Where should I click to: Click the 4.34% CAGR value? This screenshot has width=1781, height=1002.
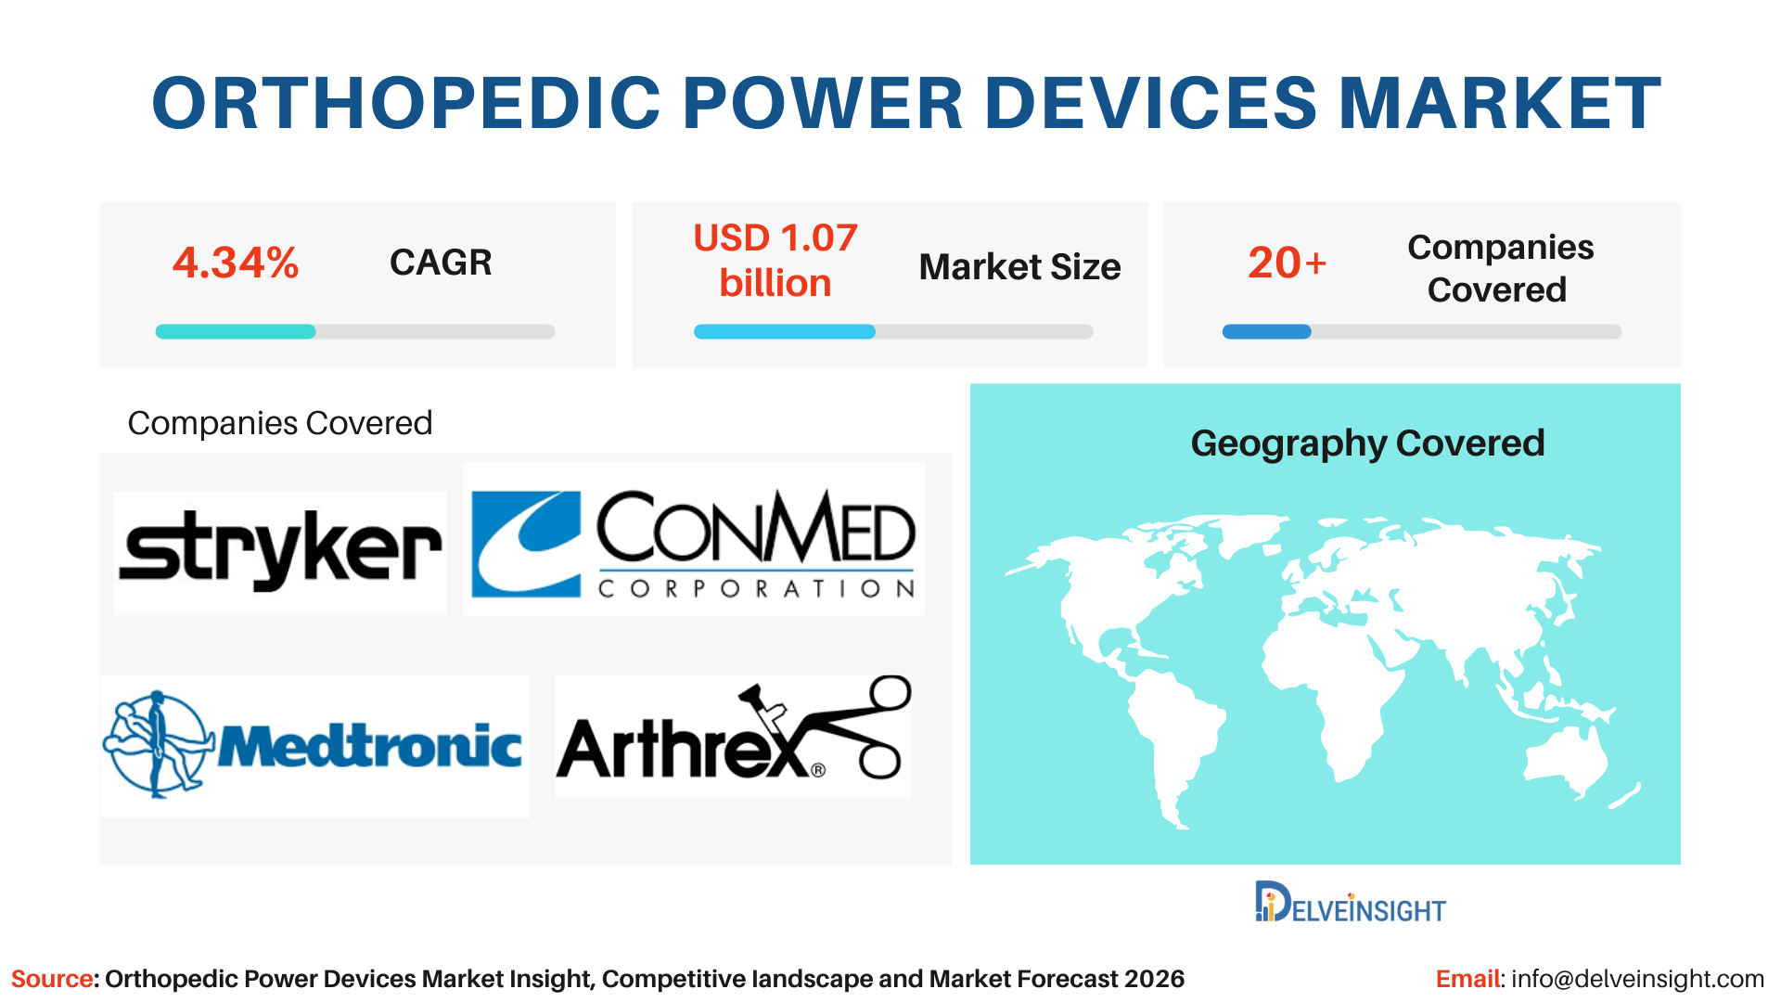point(236,263)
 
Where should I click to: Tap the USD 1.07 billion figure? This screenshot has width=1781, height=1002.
point(775,261)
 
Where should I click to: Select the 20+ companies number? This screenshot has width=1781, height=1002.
point(1288,263)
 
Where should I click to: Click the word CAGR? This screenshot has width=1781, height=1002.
point(441,263)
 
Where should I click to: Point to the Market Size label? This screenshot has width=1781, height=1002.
point(1019,267)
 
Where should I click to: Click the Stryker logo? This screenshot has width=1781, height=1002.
point(280,551)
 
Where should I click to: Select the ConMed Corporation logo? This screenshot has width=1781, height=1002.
point(694,539)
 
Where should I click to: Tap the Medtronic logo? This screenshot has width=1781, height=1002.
point(314,746)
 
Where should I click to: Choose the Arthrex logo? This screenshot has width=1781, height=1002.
point(733,736)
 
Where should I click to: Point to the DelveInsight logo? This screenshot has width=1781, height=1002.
point(1350,902)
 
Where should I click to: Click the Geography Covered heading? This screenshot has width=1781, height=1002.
point(1367,443)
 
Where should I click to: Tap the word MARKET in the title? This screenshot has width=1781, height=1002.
point(1500,102)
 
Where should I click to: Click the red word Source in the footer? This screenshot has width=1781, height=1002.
point(52,979)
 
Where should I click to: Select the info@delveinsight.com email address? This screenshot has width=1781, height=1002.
point(1637,979)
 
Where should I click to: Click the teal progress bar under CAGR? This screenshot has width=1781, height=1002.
point(236,332)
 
